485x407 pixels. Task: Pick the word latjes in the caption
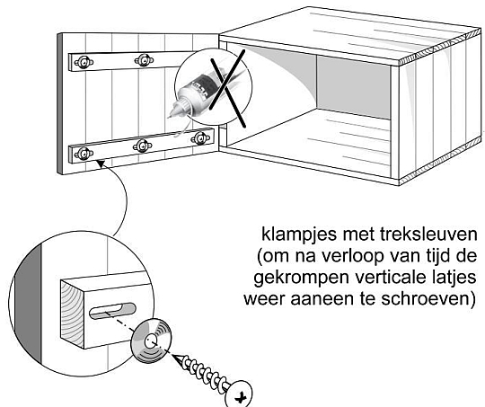(454, 279)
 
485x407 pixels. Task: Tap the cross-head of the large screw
(239, 394)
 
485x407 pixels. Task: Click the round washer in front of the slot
(151, 341)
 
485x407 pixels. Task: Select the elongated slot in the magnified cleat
(112, 311)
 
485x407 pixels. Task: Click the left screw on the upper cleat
(84, 63)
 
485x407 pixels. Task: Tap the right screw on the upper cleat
(144, 59)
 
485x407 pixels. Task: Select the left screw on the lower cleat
(84, 154)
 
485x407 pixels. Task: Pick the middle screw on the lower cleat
(142, 146)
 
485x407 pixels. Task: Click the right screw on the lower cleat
(200, 138)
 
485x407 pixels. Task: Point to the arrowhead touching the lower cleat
(100, 164)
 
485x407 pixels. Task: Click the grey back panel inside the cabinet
(353, 87)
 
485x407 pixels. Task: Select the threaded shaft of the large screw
(203, 372)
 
